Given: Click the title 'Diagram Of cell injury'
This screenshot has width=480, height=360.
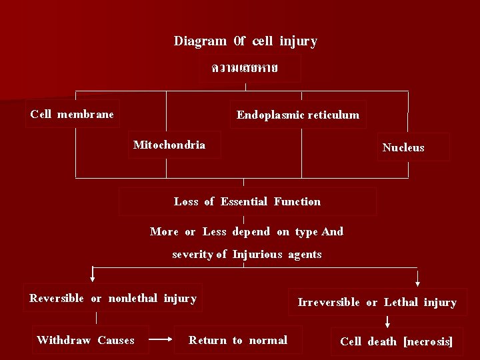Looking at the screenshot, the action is pos(245,41).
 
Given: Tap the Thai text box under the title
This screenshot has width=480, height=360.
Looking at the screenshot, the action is pos(245,68).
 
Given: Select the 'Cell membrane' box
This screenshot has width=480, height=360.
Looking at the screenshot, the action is pos(72,114).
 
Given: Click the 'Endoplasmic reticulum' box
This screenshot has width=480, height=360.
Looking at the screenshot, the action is pos(297,115).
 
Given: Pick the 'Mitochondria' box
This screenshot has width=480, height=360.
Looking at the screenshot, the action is pos(169,145).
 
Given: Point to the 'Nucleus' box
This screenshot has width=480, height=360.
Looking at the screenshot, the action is pos(403,147).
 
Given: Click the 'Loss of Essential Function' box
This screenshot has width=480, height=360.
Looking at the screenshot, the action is pos(247,201).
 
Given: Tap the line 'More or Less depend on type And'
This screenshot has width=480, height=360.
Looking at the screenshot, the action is pos(247,232).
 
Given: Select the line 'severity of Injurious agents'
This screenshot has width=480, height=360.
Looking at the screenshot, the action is pos(247,254).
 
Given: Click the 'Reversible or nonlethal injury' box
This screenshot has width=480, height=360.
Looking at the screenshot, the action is pos(113,298).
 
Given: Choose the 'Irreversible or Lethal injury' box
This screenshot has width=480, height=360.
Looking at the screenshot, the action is pos(377,302).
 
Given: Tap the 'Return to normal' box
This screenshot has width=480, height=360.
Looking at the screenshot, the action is pos(238,340).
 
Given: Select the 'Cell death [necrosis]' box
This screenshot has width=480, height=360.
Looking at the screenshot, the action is pos(396,341).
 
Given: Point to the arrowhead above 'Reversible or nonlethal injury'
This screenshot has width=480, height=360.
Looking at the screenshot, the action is pos(93,279).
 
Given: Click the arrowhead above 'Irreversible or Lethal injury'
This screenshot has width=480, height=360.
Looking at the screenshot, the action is pos(418,281).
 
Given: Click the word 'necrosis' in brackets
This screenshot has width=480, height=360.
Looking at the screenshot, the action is pos(428,341).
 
